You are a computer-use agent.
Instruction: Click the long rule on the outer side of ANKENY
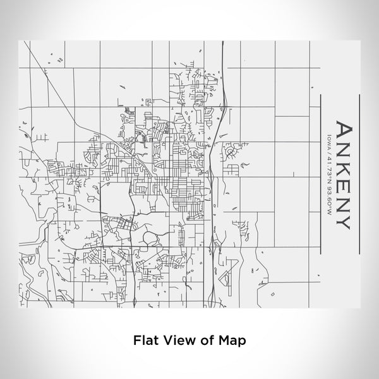pyautogui.click(x=359, y=171)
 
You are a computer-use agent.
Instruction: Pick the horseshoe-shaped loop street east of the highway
pyautogui.click(x=235, y=150)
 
